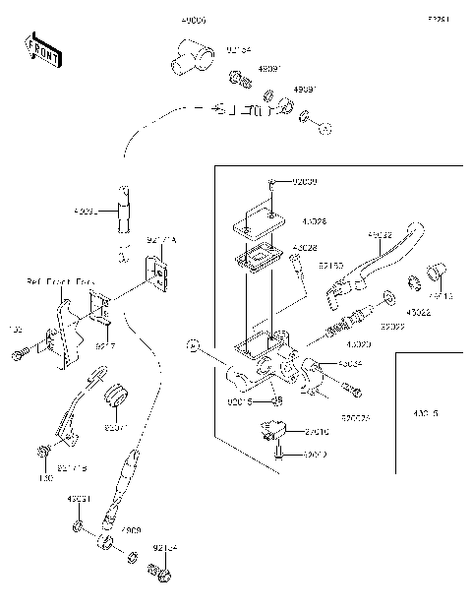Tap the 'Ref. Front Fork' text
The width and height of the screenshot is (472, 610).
tap(56, 282)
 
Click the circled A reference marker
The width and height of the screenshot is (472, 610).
tap(194, 345)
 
